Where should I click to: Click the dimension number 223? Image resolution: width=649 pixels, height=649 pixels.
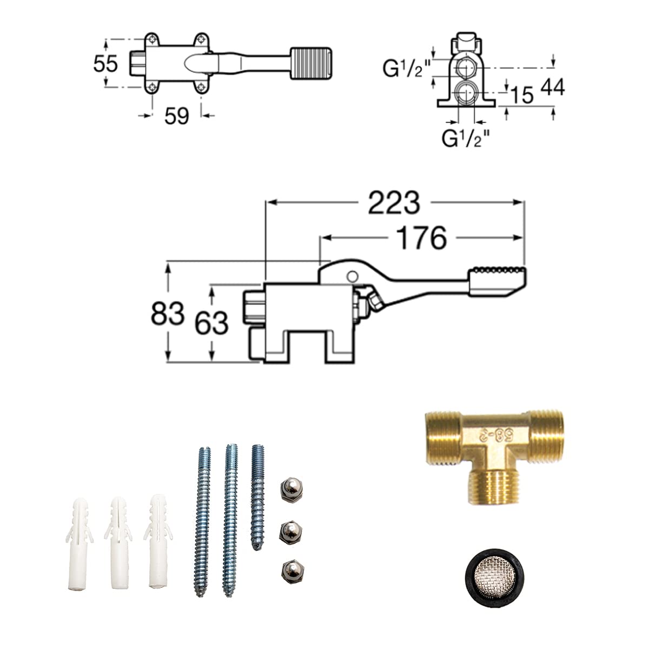(x=394, y=203)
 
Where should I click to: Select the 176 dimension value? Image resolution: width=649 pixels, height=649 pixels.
(x=421, y=238)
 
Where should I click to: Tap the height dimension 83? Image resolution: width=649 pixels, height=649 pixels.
(x=167, y=313)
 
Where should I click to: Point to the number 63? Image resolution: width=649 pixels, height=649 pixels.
(x=211, y=323)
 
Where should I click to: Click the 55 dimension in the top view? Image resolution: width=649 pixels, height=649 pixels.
(x=106, y=63)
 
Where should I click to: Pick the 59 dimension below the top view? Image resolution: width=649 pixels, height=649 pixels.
(x=176, y=116)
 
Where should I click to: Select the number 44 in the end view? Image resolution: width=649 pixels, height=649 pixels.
(x=553, y=87)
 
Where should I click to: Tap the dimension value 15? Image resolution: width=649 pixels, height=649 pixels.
(x=522, y=95)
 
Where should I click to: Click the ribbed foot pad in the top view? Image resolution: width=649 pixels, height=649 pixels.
(x=311, y=63)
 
